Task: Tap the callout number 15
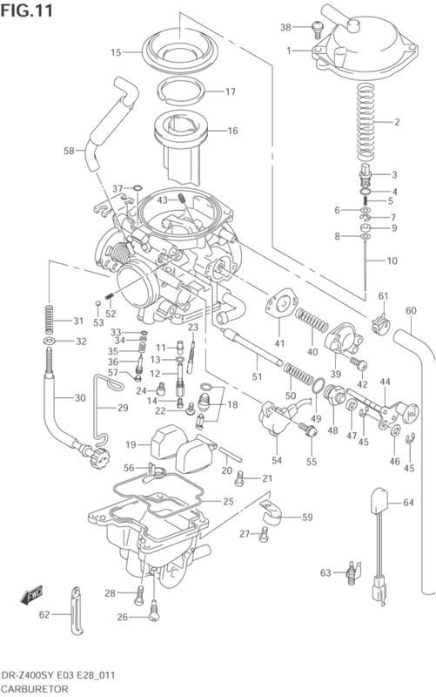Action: tap(116, 53)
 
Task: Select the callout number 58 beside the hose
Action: tap(69, 151)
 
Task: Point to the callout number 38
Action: tap(285, 27)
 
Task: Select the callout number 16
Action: tap(232, 132)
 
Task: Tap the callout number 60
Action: tap(411, 310)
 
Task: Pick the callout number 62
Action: tap(44, 615)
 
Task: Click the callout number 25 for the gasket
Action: tap(229, 502)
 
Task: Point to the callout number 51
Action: tap(256, 376)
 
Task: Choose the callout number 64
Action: tap(408, 503)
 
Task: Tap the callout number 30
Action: tap(80, 398)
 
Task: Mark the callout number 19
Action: tap(131, 444)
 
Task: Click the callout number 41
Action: tap(279, 343)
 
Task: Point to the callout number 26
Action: tap(122, 618)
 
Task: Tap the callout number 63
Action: tap(325, 572)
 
